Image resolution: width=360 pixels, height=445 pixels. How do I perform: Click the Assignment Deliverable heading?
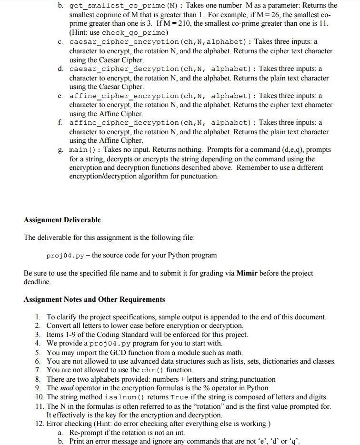pyautogui.click(x=62, y=220)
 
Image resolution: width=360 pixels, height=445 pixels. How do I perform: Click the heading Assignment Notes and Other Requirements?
pyautogui.click(x=94, y=299)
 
